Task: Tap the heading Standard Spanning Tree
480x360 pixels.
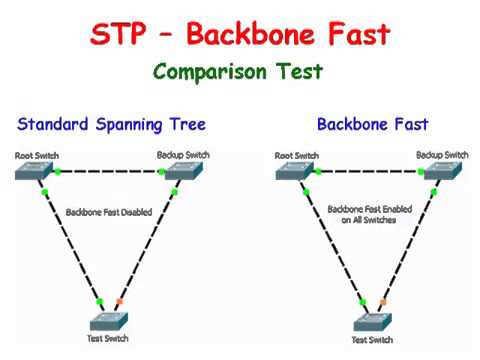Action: point(111,125)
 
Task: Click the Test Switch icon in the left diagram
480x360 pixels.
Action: point(110,319)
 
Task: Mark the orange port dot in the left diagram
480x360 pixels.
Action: point(119,301)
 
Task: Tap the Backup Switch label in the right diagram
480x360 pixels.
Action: point(442,155)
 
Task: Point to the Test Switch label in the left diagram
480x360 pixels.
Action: point(109,340)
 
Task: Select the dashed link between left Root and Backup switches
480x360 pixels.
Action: point(110,172)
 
